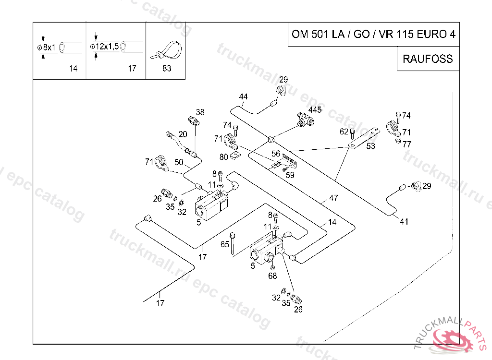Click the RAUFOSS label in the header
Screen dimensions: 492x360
pyautogui.click(x=428, y=59)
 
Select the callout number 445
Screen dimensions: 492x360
pyautogui.click(x=315, y=110)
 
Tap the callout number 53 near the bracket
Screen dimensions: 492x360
pyautogui.click(x=370, y=146)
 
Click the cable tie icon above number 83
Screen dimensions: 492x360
pyautogui.click(x=166, y=50)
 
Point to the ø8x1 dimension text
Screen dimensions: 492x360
pyautogui.click(x=47, y=48)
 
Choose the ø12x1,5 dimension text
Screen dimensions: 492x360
pyautogui.click(x=104, y=47)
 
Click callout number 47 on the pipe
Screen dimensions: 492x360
pyautogui.click(x=333, y=198)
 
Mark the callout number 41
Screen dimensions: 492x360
pyautogui.click(x=404, y=222)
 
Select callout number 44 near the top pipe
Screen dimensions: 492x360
pyautogui.click(x=243, y=96)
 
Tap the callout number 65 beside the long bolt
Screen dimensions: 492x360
pyautogui.click(x=225, y=244)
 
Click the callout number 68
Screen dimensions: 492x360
pyautogui.click(x=272, y=276)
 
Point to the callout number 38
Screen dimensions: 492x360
pyautogui.click(x=200, y=112)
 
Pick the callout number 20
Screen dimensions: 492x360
pyautogui.click(x=183, y=134)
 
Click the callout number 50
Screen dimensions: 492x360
pyautogui.click(x=179, y=162)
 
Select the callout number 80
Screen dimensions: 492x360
pyautogui.click(x=224, y=157)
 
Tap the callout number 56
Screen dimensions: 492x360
pyautogui.click(x=275, y=154)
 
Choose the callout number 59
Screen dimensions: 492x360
pyautogui.click(x=290, y=175)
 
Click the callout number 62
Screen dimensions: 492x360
pyautogui.click(x=344, y=132)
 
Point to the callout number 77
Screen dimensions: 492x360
pyautogui.click(x=406, y=144)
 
